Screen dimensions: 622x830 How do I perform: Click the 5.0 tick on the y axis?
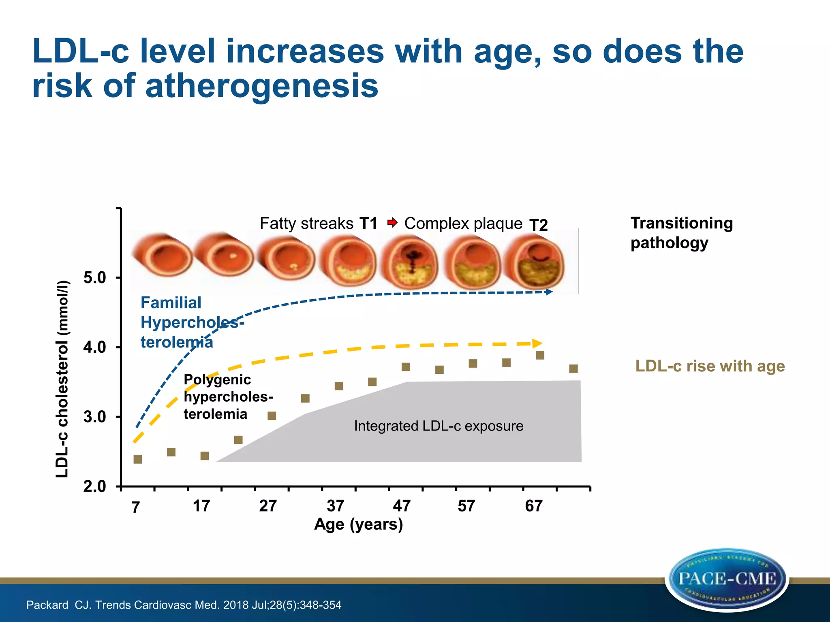tap(95, 278)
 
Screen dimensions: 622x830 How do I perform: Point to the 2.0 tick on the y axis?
tap(95, 486)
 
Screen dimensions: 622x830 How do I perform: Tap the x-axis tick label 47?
tap(402, 506)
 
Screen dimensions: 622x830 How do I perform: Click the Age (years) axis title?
tap(359, 524)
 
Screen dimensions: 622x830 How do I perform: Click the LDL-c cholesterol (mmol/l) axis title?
tap(62, 379)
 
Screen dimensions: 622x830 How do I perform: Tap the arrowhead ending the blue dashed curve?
tap(549, 292)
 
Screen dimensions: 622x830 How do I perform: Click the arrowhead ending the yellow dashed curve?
tap(537, 343)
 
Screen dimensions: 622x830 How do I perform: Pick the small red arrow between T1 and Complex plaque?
tap(392, 222)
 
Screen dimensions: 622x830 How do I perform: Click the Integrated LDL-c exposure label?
tap(439, 426)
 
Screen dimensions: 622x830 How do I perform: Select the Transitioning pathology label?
tap(681, 233)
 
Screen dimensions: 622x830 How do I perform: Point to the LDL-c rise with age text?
tap(710, 366)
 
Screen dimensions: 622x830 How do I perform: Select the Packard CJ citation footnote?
tap(184, 605)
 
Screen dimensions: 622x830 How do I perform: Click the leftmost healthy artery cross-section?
tap(162, 255)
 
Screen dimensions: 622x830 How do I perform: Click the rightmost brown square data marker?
tap(573, 369)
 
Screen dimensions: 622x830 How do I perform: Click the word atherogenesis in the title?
tap(262, 86)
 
